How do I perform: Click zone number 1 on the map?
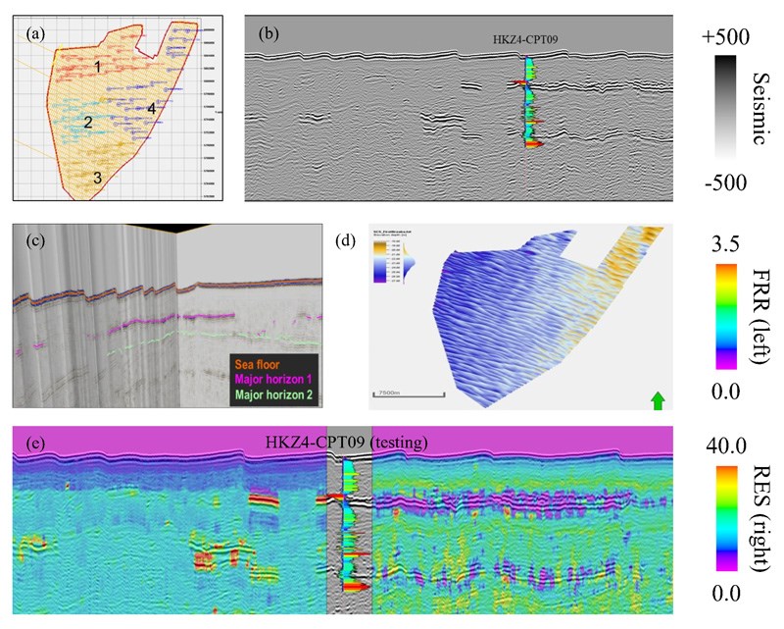(x=98, y=66)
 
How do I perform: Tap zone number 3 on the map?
(x=97, y=178)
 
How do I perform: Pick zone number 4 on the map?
(x=152, y=107)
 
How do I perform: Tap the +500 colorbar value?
(x=726, y=37)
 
